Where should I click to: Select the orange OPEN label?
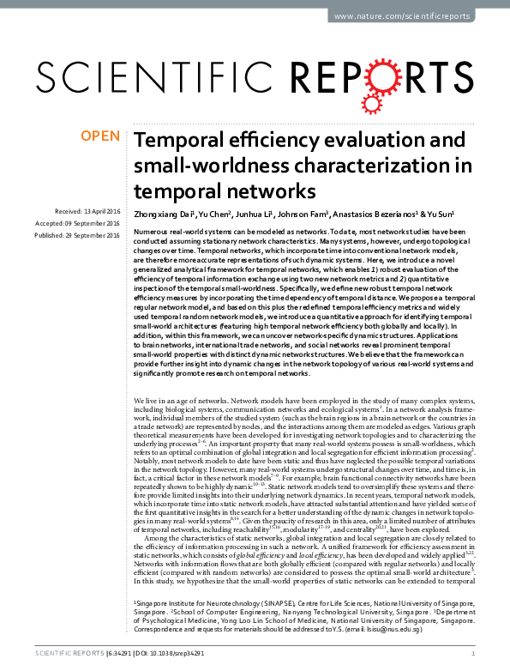(100, 136)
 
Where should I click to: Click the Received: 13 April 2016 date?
(89, 211)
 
